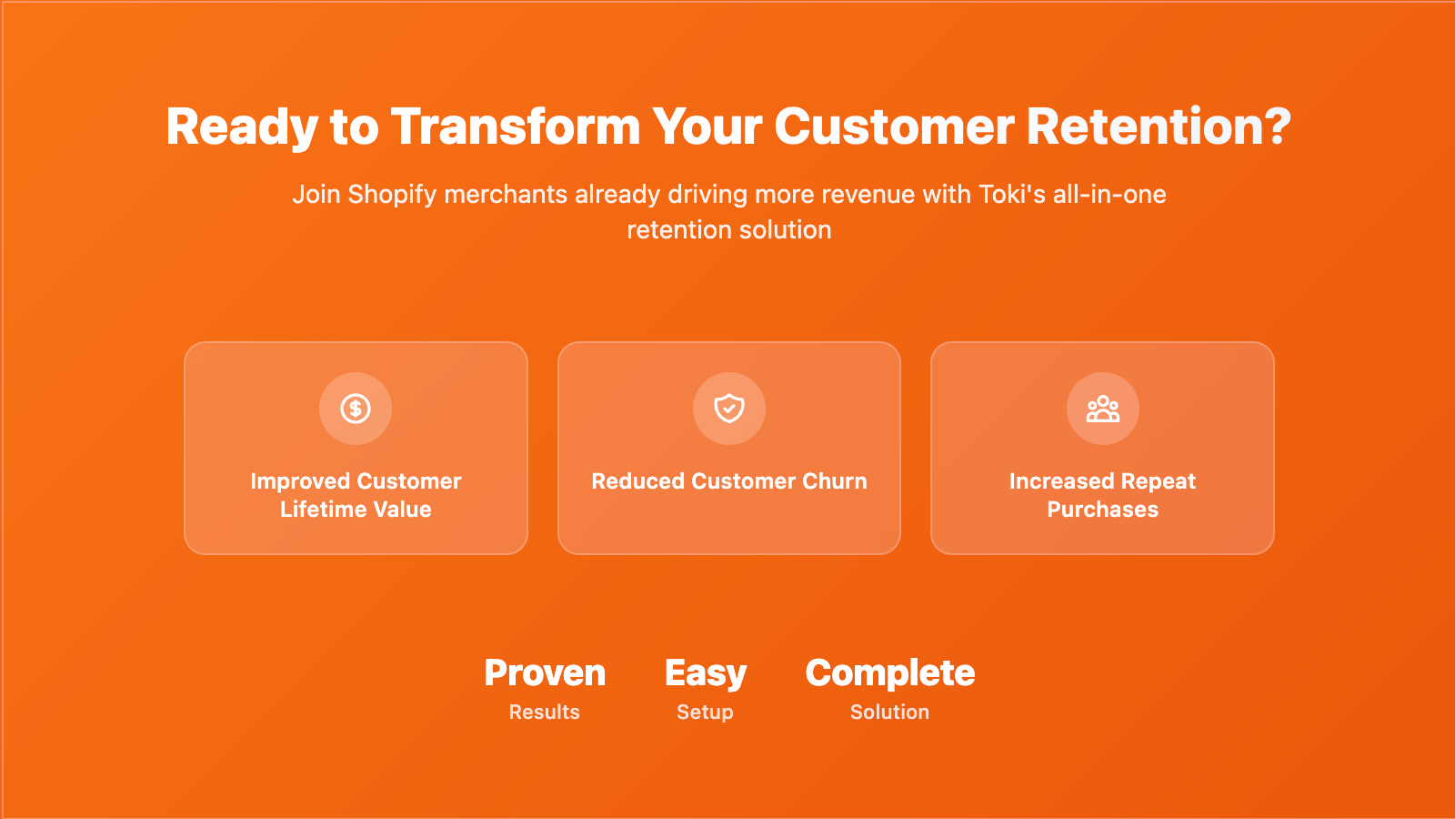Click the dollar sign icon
[356, 409]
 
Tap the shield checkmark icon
[728, 409]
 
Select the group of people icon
[1103, 409]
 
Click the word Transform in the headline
[516, 126]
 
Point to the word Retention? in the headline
[1159, 126]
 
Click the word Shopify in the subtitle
[392, 195]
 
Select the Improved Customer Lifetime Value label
[356, 495]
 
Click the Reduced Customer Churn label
[728, 481]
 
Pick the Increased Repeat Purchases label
[1103, 495]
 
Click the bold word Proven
[545, 672]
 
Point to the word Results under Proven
[545, 712]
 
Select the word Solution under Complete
[890, 712]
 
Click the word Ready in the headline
[242, 127]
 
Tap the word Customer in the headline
[894, 126]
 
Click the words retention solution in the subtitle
[728, 230]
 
